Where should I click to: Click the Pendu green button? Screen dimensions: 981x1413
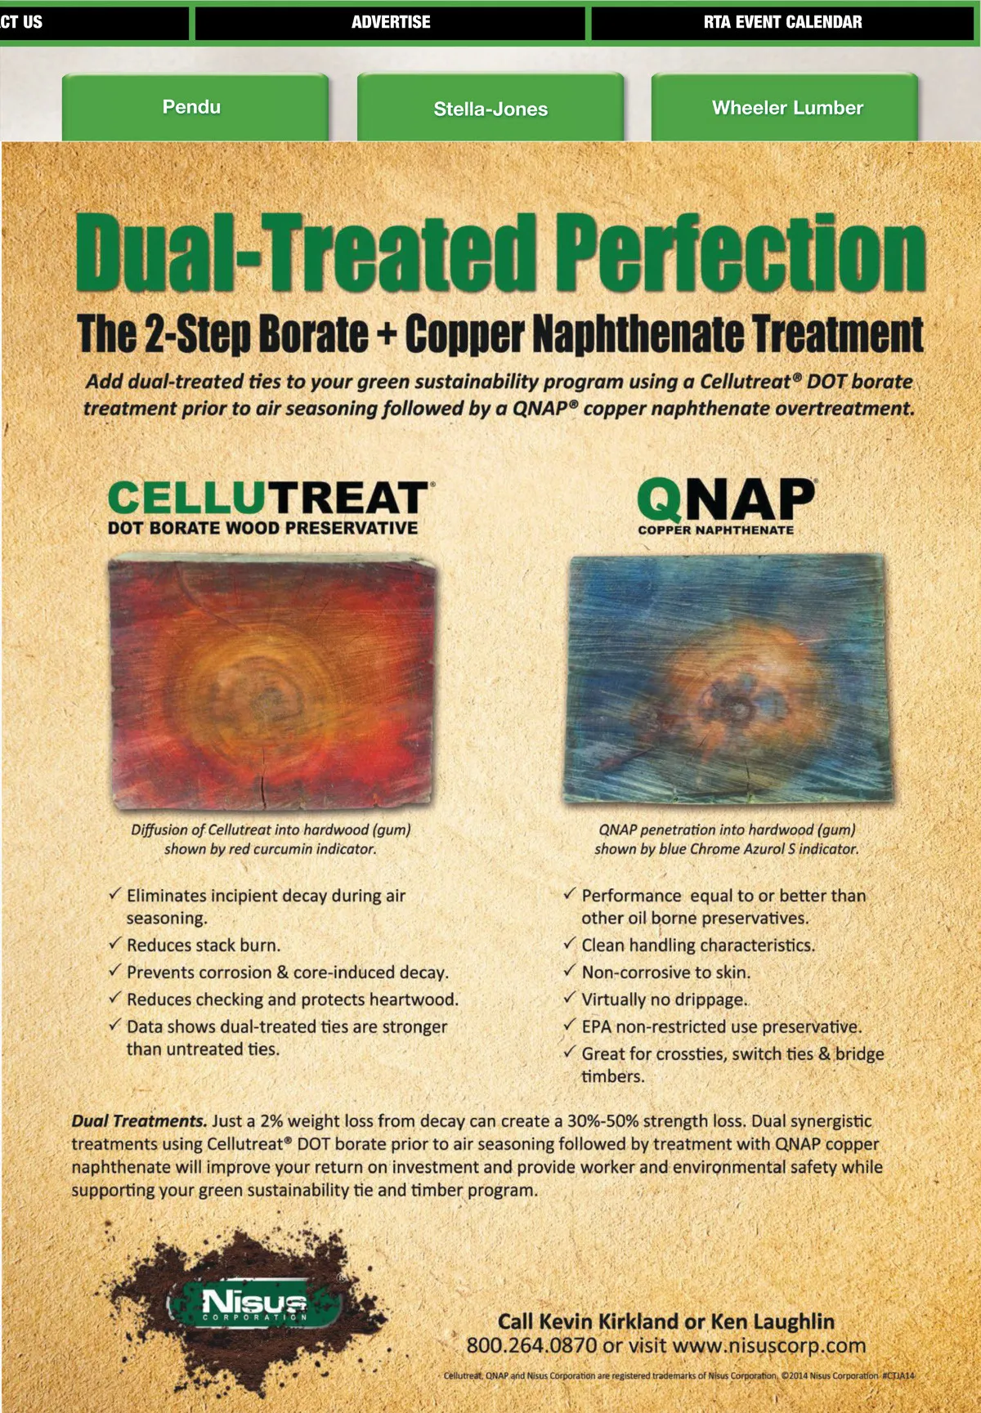click(195, 107)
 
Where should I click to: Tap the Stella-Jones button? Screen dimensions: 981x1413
click(490, 107)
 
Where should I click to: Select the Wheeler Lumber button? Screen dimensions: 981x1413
click(786, 107)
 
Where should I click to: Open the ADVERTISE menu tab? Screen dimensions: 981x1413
click(391, 22)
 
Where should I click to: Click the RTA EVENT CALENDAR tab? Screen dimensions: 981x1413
click(782, 22)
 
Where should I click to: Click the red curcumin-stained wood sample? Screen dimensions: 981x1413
click(272, 682)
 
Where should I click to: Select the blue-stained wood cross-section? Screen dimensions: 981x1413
click(727, 677)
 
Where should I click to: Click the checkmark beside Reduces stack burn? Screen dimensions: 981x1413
click(115, 943)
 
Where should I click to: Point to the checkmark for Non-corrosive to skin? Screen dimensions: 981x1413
click(570, 970)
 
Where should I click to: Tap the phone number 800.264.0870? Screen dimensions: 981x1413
click(532, 1345)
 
